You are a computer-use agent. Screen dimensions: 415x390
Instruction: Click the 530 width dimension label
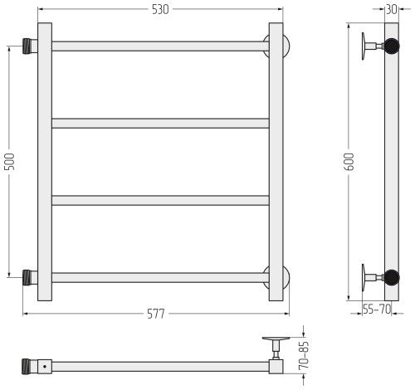coord(160,10)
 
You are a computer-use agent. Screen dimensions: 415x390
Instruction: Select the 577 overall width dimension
coord(156,314)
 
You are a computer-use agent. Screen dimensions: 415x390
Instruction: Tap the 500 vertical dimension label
coord(10,161)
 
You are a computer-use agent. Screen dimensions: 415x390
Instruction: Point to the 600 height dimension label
coord(349,162)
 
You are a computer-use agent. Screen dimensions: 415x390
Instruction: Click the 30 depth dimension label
coord(392,9)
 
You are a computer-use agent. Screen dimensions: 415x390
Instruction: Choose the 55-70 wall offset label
coord(377,309)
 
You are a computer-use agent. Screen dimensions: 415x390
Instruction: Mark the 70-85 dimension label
coord(304,355)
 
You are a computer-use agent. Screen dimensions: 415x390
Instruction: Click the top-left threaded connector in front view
coord(30,46)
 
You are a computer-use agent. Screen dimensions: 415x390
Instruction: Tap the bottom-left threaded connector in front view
coord(30,278)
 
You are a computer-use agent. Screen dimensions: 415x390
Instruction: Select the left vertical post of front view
coord(45,162)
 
